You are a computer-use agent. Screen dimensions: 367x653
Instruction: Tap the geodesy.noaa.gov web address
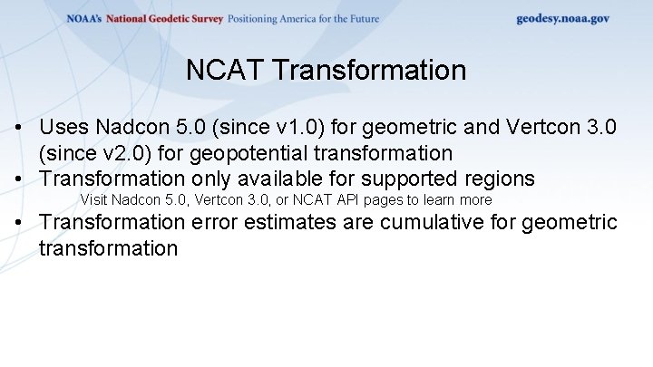[x=562, y=18]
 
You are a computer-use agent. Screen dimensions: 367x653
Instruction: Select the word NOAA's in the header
[x=84, y=19]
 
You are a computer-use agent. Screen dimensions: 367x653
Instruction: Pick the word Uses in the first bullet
[x=63, y=128]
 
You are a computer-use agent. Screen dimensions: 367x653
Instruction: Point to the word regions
[x=500, y=178]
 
